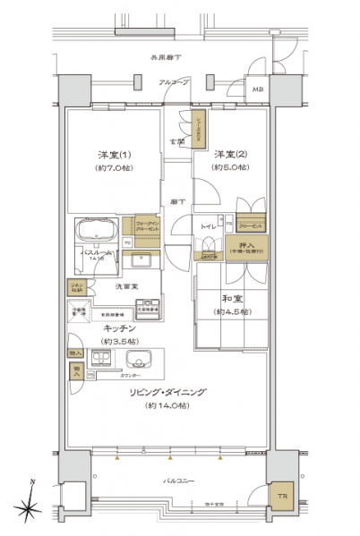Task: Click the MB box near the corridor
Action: coord(258,90)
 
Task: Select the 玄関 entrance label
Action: coord(178,140)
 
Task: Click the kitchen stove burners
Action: coord(99,359)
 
